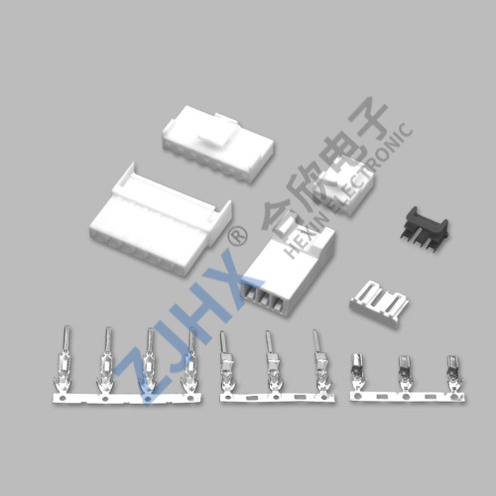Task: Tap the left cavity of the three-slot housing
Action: (250, 299)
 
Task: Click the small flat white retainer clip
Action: (380, 304)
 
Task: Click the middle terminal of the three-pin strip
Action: (274, 363)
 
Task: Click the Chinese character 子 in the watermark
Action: (368, 118)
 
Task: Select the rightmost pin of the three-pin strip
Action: (320, 363)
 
